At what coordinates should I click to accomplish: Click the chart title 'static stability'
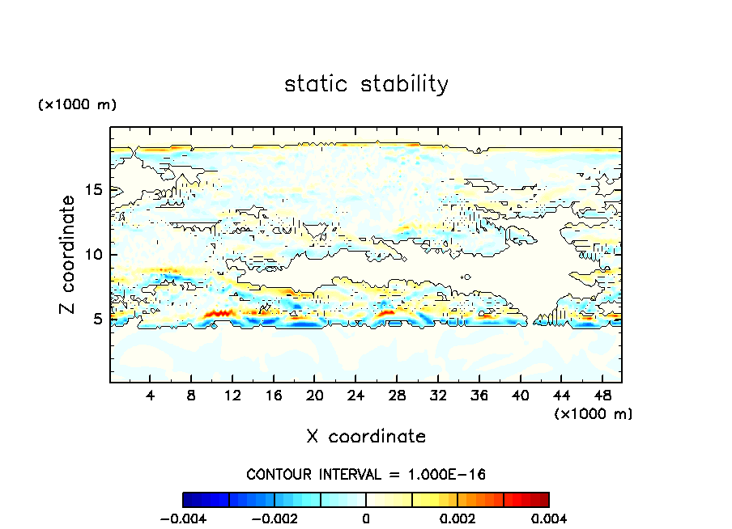click(366, 84)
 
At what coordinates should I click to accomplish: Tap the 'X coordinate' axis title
click(366, 437)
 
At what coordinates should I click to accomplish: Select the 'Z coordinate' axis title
click(68, 255)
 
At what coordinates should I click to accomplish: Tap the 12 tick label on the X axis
click(232, 396)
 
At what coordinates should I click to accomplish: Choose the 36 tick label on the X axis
click(479, 396)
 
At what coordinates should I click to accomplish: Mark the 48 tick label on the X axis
click(602, 396)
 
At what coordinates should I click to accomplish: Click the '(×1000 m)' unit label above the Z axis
click(77, 105)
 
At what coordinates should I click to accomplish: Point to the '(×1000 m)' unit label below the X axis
click(593, 413)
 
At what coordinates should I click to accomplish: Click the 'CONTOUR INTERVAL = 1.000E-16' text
click(366, 474)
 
